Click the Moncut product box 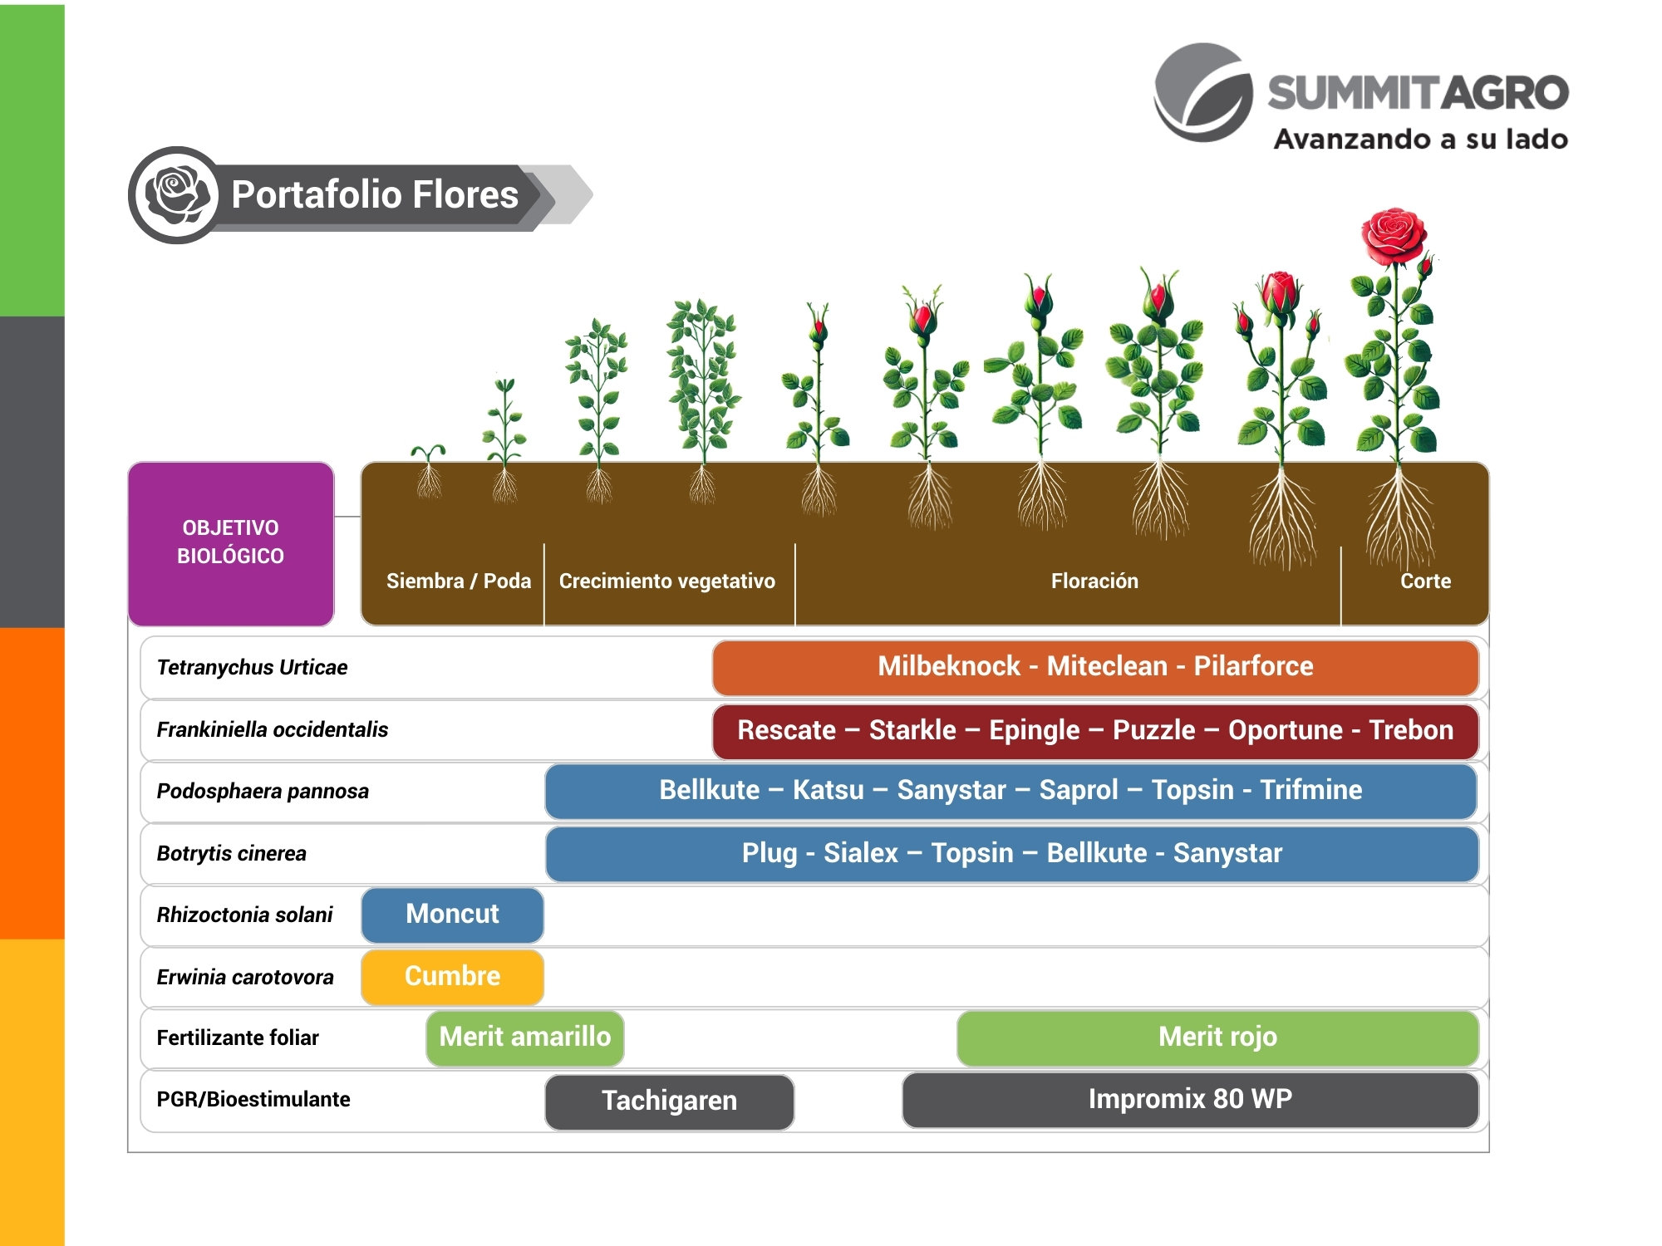(452, 915)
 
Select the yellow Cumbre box (452, 976)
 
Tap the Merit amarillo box (524, 1038)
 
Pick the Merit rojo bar (1217, 1038)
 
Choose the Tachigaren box (669, 1101)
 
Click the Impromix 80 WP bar (1189, 1100)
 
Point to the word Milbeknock (948, 666)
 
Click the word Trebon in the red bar (1411, 730)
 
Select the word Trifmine (1310, 790)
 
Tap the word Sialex (860, 853)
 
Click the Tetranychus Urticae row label (252, 668)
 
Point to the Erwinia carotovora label (245, 978)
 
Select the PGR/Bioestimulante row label (253, 1100)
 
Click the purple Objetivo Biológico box (231, 543)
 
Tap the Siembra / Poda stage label (458, 581)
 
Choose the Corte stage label (1425, 581)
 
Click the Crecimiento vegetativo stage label (666, 581)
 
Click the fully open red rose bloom (1394, 234)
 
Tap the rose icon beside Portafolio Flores (176, 195)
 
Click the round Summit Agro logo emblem (1204, 93)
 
